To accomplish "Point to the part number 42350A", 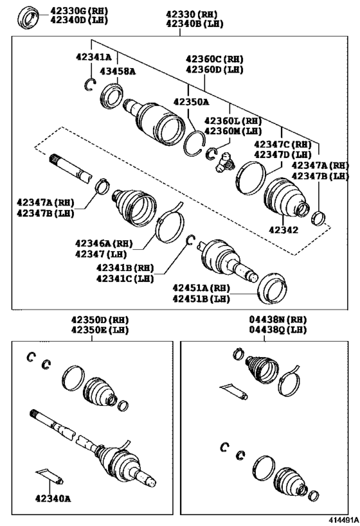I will click(191, 101).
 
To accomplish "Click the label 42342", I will click(284, 229).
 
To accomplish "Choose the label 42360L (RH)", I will click(233, 121).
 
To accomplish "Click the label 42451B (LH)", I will click(200, 299).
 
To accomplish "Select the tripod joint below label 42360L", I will click(224, 163).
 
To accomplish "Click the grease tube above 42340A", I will click(50, 476).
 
